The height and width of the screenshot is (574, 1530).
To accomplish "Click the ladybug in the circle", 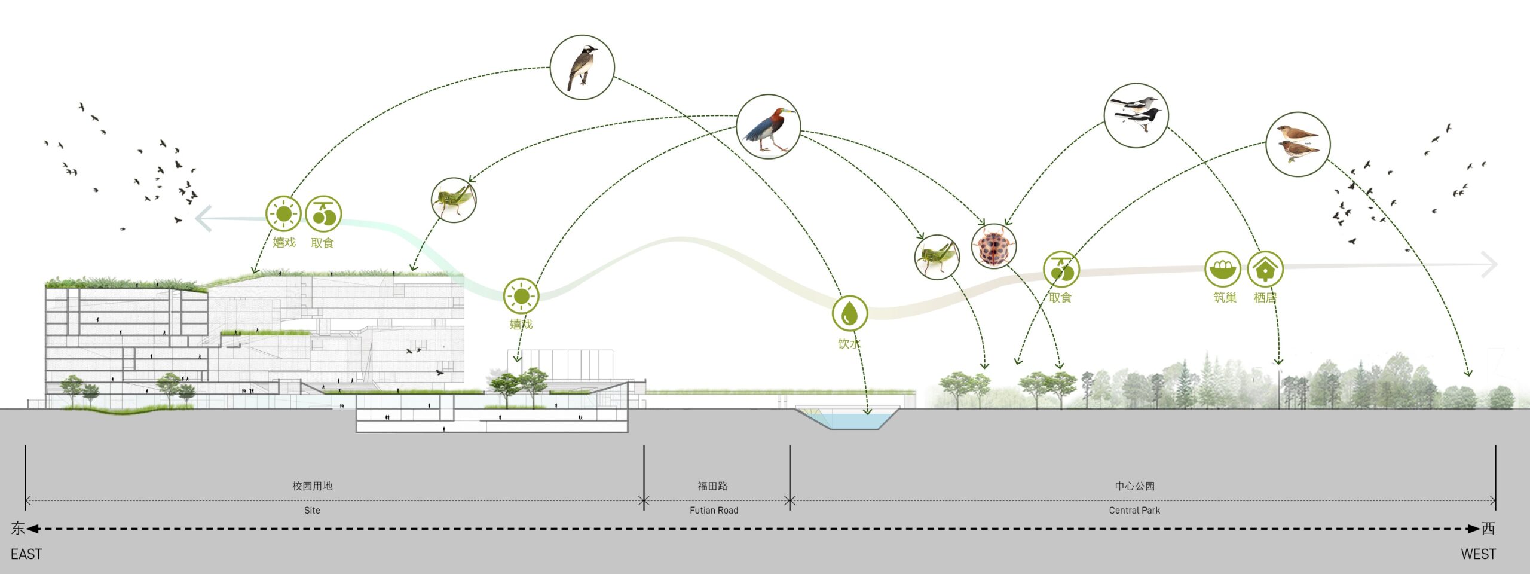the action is [x=993, y=246].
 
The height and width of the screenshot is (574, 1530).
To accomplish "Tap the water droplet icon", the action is [x=850, y=313].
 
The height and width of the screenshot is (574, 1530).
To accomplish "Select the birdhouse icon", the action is [x=1265, y=269].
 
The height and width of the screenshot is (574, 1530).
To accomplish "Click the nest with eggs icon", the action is [x=1222, y=269].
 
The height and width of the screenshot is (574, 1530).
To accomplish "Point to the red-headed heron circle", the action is [x=768, y=126].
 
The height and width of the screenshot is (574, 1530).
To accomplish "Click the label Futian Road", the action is [x=714, y=510].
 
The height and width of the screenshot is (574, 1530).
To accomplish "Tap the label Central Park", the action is [x=1134, y=510].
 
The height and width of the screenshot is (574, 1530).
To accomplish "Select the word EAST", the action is [x=26, y=554].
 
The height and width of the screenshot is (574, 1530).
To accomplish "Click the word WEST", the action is [x=1479, y=554].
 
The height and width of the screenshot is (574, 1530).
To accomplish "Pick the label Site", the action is [x=312, y=510].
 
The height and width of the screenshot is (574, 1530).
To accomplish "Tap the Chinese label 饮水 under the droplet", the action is [x=849, y=344].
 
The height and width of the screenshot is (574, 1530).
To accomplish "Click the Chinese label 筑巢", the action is [x=1225, y=297].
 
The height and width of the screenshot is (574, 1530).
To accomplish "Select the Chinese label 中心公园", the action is [x=1134, y=486].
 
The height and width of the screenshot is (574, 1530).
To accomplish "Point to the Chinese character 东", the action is [x=18, y=528].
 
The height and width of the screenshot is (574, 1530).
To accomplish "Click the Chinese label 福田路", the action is [x=712, y=486].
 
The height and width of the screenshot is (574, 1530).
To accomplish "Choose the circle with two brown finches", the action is [x=1298, y=144].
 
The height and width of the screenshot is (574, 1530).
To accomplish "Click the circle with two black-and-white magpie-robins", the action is [x=1136, y=115].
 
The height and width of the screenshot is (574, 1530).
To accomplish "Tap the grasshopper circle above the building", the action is [x=454, y=200].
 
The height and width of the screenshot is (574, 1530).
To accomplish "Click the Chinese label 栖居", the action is [x=1265, y=297].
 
